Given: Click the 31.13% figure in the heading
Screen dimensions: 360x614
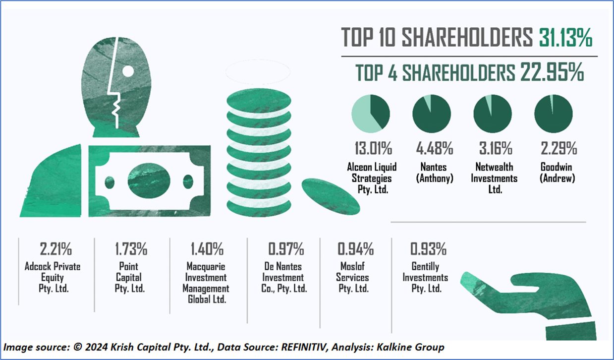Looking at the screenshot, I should pos(565,38).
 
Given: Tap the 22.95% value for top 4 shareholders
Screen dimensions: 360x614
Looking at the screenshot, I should pos(551,73).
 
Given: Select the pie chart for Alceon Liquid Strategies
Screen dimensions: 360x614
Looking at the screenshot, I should pos(370,115).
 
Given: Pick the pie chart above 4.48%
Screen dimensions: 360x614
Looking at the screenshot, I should pos(432,115).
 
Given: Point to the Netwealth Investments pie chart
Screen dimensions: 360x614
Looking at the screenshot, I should pos(493,115).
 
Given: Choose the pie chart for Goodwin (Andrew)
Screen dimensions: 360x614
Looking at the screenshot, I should pos(554,115).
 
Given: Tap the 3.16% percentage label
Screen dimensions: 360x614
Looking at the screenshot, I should pos(493,148).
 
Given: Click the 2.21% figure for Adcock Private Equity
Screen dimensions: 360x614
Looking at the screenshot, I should pos(52,249).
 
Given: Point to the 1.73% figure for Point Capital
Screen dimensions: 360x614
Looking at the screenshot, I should pos(128,249).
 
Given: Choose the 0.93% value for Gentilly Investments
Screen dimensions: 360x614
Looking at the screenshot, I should pos(429,249).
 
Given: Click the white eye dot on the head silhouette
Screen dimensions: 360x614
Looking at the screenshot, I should pos(128,71).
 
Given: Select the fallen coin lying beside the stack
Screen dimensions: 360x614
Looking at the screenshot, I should pos(331,196).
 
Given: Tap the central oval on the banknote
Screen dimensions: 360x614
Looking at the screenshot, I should pos(148,181).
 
